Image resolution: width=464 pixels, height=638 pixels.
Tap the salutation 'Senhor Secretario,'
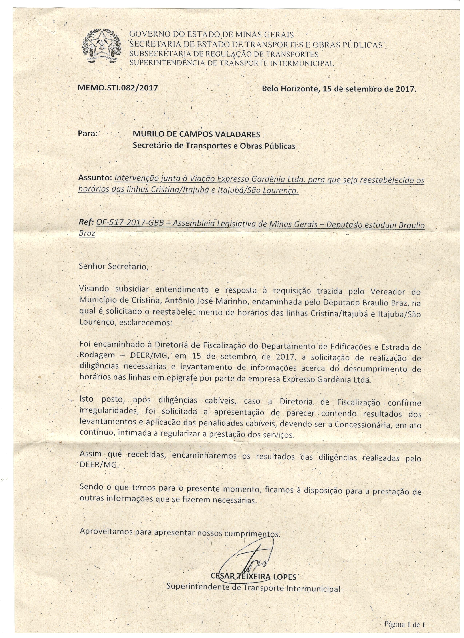(113, 266)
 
